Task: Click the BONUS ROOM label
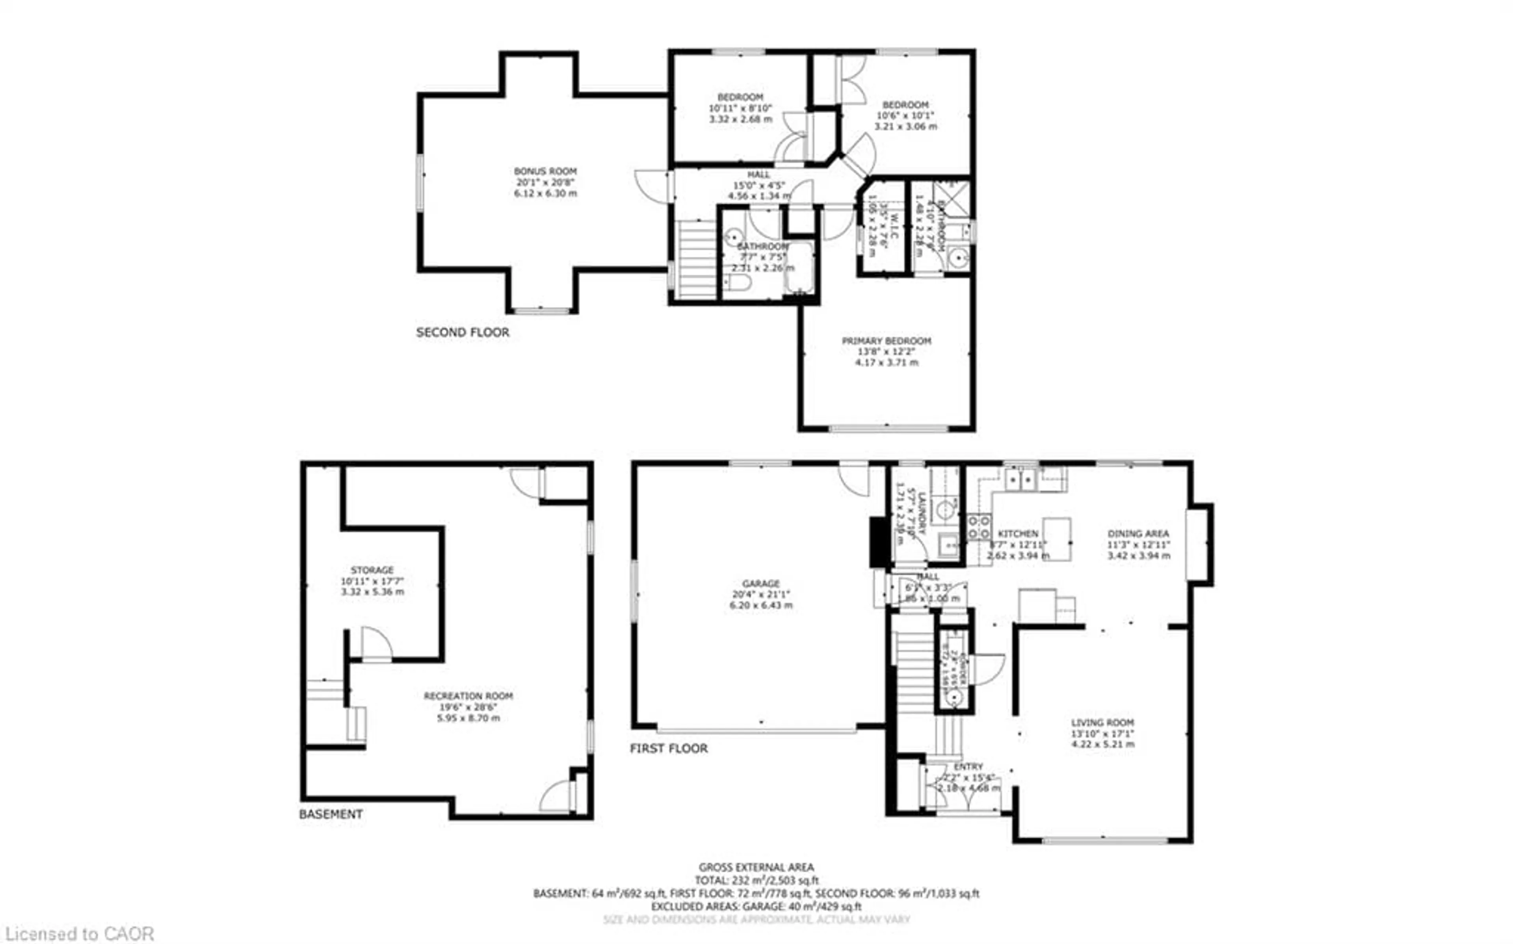[545, 171]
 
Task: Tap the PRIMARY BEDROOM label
[887, 341]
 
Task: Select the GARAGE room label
[761, 583]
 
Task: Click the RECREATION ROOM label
[468, 695]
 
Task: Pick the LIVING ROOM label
[1102, 722]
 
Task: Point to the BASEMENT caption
[331, 814]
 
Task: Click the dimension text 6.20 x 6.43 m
[761, 606]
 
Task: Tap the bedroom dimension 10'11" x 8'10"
[740, 108]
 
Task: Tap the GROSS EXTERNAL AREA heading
[756, 867]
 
